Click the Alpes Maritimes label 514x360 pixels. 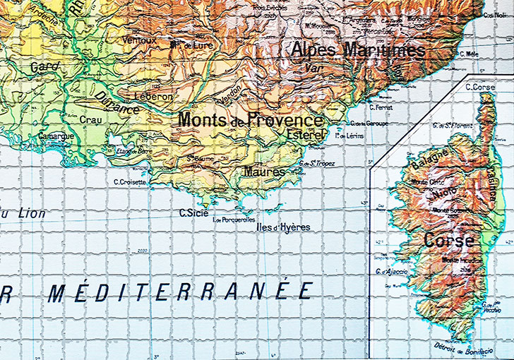tap(359, 49)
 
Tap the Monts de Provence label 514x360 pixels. tap(250, 119)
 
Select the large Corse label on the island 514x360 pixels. tap(448, 240)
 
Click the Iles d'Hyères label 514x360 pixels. tap(286, 227)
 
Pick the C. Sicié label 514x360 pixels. tap(192, 212)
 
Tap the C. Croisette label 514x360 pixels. tap(130, 181)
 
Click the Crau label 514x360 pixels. tap(90, 120)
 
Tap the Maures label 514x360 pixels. tap(264, 172)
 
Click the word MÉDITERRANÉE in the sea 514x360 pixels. tap(180, 292)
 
